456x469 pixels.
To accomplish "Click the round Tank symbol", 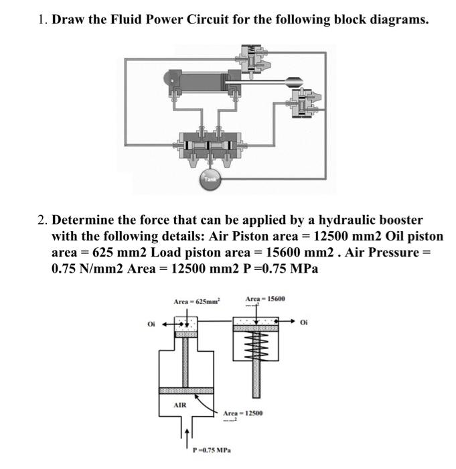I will pyautogui.click(x=211, y=179).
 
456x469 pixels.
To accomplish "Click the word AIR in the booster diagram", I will pyautogui.click(x=180, y=405).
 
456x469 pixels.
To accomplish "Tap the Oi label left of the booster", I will pyautogui.click(x=151, y=325).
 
